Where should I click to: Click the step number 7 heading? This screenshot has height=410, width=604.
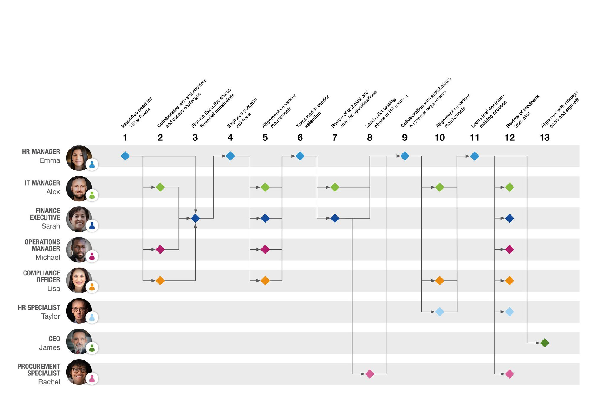click(x=335, y=138)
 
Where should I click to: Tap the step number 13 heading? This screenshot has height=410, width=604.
click(x=544, y=138)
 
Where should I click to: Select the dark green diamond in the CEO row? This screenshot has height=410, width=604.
click(x=544, y=343)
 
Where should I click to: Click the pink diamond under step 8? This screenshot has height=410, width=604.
click(x=370, y=374)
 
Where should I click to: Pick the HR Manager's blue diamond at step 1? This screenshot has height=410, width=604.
click(x=125, y=156)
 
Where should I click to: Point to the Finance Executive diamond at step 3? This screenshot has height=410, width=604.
click(x=195, y=218)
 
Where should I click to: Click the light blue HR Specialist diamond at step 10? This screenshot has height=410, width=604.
click(x=439, y=312)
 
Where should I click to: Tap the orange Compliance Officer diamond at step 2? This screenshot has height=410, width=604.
click(x=160, y=281)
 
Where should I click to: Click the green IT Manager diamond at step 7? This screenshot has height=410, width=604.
click(x=335, y=187)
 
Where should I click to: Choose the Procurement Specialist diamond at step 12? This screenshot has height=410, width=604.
click(x=509, y=374)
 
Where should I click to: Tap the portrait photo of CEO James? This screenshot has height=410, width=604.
click(x=79, y=341)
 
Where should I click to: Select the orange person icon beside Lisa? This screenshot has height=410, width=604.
click(x=92, y=287)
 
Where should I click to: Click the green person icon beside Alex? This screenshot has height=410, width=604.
click(x=92, y=195)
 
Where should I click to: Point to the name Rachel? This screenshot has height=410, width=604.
click(x=49, y=382)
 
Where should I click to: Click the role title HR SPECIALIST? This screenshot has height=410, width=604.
click(x=39, y=308)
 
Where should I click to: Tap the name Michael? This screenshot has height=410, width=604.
click(x=48, y=257)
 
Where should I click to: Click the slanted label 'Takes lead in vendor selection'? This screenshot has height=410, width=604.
click(x=313, y=112)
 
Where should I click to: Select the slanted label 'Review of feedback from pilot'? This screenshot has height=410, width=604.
click(x=522, y=112)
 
